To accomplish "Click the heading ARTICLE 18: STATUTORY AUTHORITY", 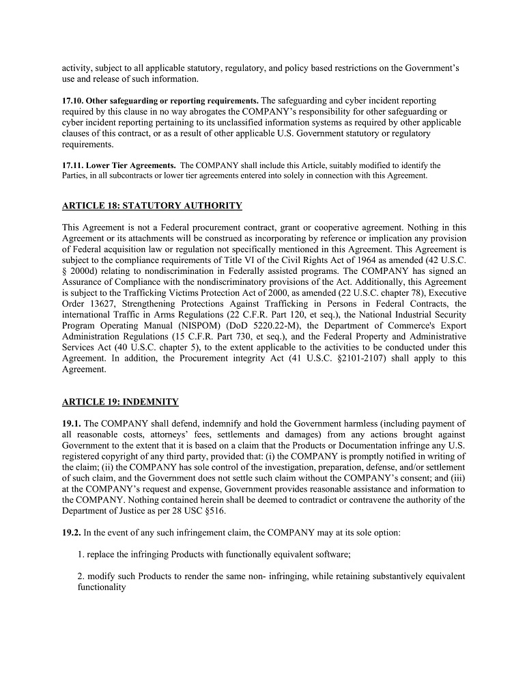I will click(x=152, y=206).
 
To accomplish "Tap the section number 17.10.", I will click(x=73, y=101).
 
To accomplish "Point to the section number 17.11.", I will click(x=73, y=165).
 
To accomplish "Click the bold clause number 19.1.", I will click(x=72, y=423).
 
